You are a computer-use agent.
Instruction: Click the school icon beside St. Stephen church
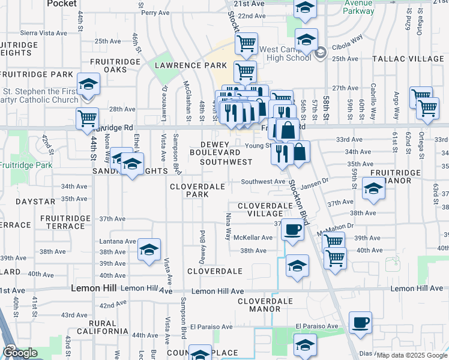[x=88, y=84]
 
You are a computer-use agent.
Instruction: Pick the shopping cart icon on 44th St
[x=88, y=118]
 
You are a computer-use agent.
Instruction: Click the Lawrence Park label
[x=180, y=65]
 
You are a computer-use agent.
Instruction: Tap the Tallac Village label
[x=408, y=59]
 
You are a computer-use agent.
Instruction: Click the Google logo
[x=20, y=353]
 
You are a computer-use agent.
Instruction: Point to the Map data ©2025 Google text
[x=412, y=355]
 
